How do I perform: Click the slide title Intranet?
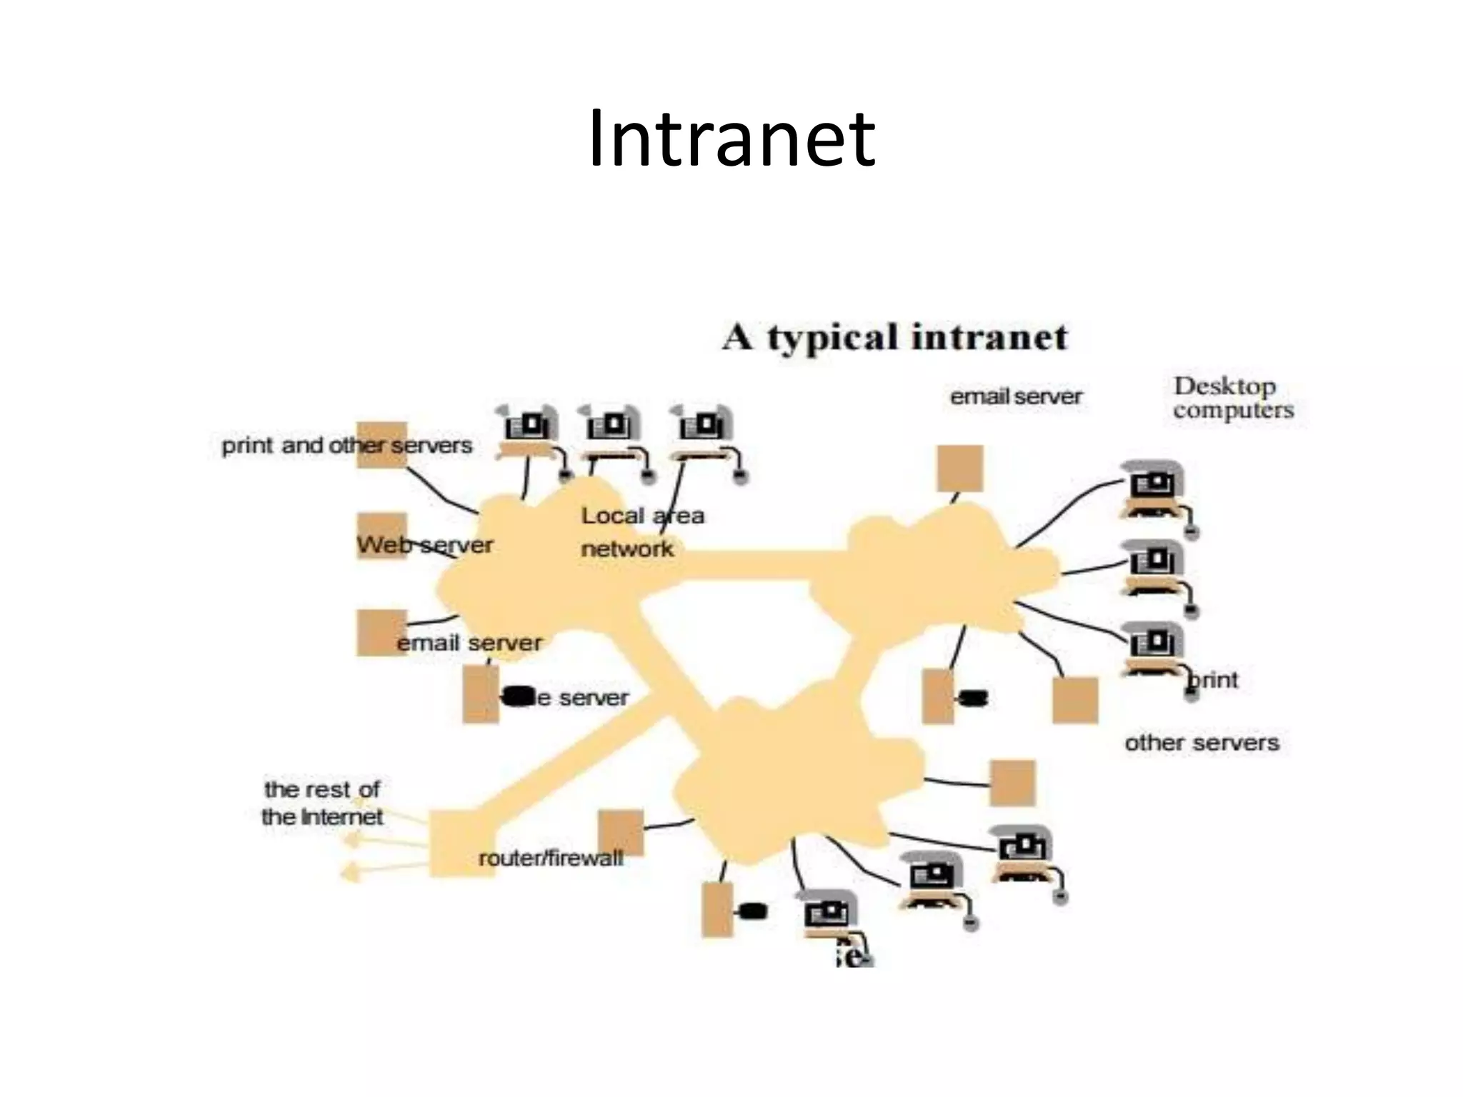point(731,139)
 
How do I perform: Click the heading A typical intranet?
point(894,337)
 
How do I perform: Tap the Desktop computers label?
point(1233,398)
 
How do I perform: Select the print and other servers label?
point(346,446)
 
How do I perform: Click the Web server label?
point(424,545)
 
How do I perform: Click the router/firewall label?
point(550,858)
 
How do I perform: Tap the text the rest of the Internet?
point(321,803)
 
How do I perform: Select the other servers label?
point(1202,743)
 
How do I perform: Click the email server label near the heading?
point(1015,396)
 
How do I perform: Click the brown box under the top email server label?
point(960,469)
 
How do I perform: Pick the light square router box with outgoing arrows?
point(460,843)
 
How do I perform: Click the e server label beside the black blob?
point(582,698)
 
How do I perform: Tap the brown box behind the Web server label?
point(381,535)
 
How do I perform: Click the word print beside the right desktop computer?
point(1214,679)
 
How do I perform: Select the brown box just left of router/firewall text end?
point(620,831)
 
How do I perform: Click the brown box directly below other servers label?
point(1012,783)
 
